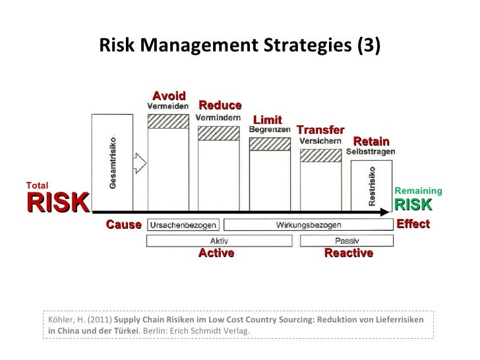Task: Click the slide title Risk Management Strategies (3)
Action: click(239, 45)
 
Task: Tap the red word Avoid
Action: click(169, 96)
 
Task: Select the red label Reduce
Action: click(220, 105)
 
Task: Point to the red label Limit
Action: click(268, 119)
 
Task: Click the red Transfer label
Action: click(320, 130)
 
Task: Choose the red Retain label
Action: click(371, 142)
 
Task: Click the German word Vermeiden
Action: click(167, 105)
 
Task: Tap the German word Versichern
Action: click(320, 140)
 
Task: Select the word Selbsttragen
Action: click(371, 152)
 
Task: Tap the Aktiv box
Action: click(215, 241)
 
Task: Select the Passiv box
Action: click(347, 241)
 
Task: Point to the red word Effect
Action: click(413, 224)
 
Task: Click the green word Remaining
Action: click(418, 191)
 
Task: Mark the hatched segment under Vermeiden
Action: click(168, 121)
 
